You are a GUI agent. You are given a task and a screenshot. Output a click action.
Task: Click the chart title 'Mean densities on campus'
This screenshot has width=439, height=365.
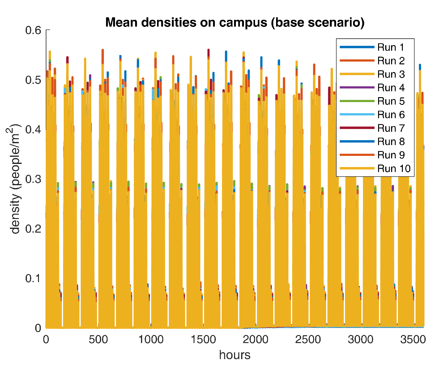click(x=235, y=23)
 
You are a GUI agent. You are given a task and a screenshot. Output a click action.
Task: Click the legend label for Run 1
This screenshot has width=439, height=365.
click(x=391, y=47)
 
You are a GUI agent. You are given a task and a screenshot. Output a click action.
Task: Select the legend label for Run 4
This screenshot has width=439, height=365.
click(x=391, y=88)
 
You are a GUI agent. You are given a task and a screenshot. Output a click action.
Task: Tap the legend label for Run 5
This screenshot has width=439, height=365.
click(x=391, y=101)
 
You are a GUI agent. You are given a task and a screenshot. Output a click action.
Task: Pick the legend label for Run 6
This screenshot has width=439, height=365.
click(x=391, y=115)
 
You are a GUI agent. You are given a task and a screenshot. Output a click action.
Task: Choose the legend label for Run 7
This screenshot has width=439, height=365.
click(x=391, y=128)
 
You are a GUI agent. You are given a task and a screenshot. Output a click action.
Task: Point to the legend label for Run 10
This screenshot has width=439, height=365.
click(x=394, y=169)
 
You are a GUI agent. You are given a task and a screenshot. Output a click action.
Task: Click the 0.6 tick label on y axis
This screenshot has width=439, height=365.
click(x=33, y=30)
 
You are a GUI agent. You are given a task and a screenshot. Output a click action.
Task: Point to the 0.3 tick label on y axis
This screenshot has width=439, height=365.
click(x=33, y=179)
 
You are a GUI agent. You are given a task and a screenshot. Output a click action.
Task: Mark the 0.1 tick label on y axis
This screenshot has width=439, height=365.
click(x=33, y=278)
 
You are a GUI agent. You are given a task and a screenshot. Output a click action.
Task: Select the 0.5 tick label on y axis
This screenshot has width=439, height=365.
click(x=33, y=80)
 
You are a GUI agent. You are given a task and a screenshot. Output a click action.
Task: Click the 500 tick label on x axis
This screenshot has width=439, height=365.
click(x=98, y=339)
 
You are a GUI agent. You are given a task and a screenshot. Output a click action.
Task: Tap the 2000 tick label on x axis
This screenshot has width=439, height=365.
click(x=255, y=339)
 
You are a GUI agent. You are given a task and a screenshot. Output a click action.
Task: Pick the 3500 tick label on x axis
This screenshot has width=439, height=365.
click(x=413, y=339)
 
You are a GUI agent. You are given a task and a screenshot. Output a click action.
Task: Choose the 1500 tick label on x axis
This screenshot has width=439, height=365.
click(x=203, y=339)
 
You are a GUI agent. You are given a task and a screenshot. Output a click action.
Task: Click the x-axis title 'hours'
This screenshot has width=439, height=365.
click(x=235, y=355)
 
